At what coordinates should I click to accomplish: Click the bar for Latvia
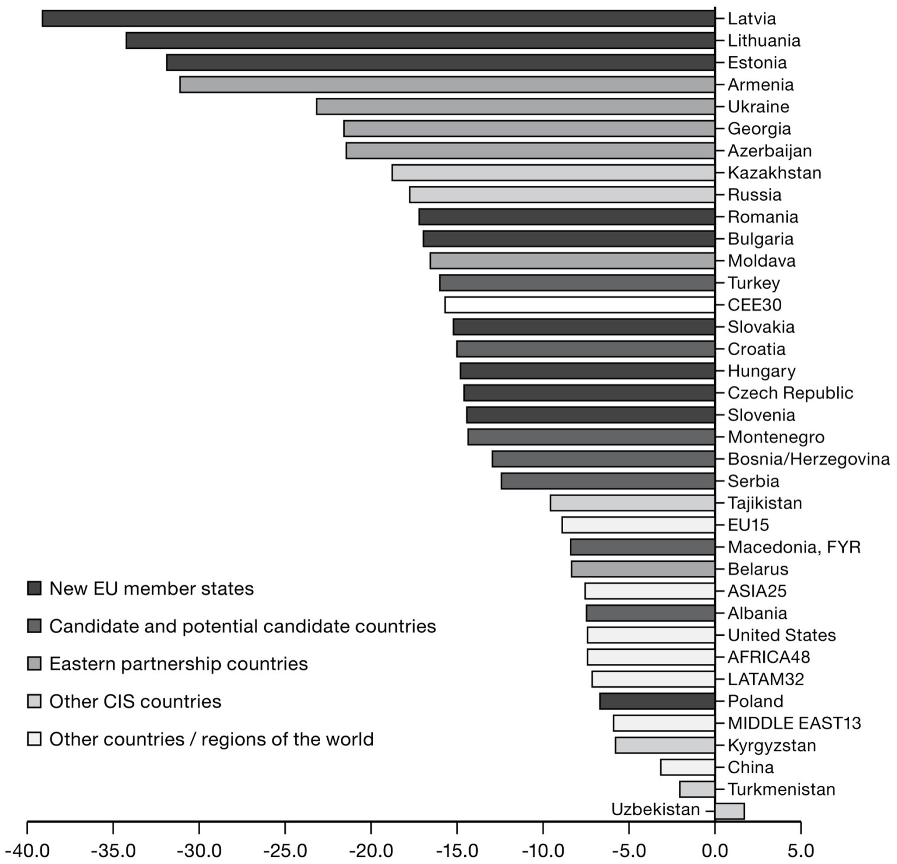[378, 18]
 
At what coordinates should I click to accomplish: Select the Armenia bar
[447, 85]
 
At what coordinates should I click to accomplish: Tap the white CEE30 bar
[580, 305]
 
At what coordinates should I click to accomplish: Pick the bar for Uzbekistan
[729, 811]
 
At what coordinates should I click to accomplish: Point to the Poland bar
[657, 701]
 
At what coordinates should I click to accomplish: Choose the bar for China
[687, 767]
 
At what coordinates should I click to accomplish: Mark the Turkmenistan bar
[697, 789]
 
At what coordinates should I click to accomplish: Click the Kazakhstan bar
[553, 173]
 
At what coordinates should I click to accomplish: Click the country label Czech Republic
[790, 393]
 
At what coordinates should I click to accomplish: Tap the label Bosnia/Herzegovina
[808, 459]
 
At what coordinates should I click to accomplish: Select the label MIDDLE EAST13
[794, 723]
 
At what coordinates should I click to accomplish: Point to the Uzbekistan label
[655, 810]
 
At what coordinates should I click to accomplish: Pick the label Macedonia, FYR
[794, 547]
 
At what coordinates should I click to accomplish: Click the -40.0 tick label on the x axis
[27, 850]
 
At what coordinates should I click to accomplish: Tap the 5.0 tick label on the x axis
[800, 850]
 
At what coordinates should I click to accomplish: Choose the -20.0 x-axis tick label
[371, 850]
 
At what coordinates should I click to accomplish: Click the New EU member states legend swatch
[34, 588]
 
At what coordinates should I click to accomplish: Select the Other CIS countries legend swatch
[34, 702]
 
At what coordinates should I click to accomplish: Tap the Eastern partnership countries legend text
[178, 664]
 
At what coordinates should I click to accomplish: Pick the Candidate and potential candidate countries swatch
[34, 626]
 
